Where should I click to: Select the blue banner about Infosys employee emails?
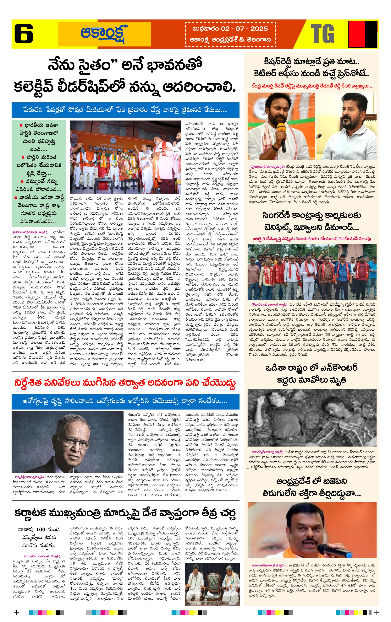[x=125, y=401]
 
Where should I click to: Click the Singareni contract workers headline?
[x=312, y=221]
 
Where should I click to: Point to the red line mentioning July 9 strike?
[x=312, y=239]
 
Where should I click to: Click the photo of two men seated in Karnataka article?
[x=212, y=584]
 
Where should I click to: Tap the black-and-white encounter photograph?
[x=312, y=417]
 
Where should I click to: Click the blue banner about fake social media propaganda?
[x=125, y=110]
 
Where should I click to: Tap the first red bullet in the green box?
[x=21, y=126]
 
